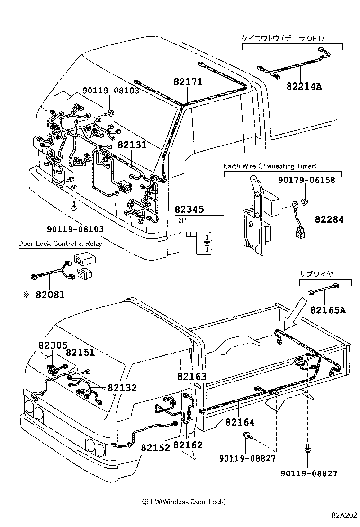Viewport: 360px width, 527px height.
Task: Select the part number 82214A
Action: point(304,86)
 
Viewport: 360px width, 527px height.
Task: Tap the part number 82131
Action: point(132,145)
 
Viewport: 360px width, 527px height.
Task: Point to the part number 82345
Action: point(190,209)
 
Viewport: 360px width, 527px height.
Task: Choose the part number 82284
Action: point(328,219)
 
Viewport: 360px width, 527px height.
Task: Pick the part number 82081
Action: point(50,295)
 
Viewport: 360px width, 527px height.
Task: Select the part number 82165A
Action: point(328,310)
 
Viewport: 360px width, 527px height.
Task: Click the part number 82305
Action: point(53,346)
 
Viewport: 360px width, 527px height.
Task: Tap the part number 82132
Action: point(122,388)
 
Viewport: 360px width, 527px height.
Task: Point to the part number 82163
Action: point(192,377)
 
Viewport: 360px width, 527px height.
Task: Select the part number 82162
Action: point(188,445)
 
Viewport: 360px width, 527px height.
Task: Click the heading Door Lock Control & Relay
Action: point(60,244)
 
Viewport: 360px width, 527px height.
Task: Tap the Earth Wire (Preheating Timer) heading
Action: point(270,166)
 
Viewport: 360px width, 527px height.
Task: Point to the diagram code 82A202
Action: point(344,516)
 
